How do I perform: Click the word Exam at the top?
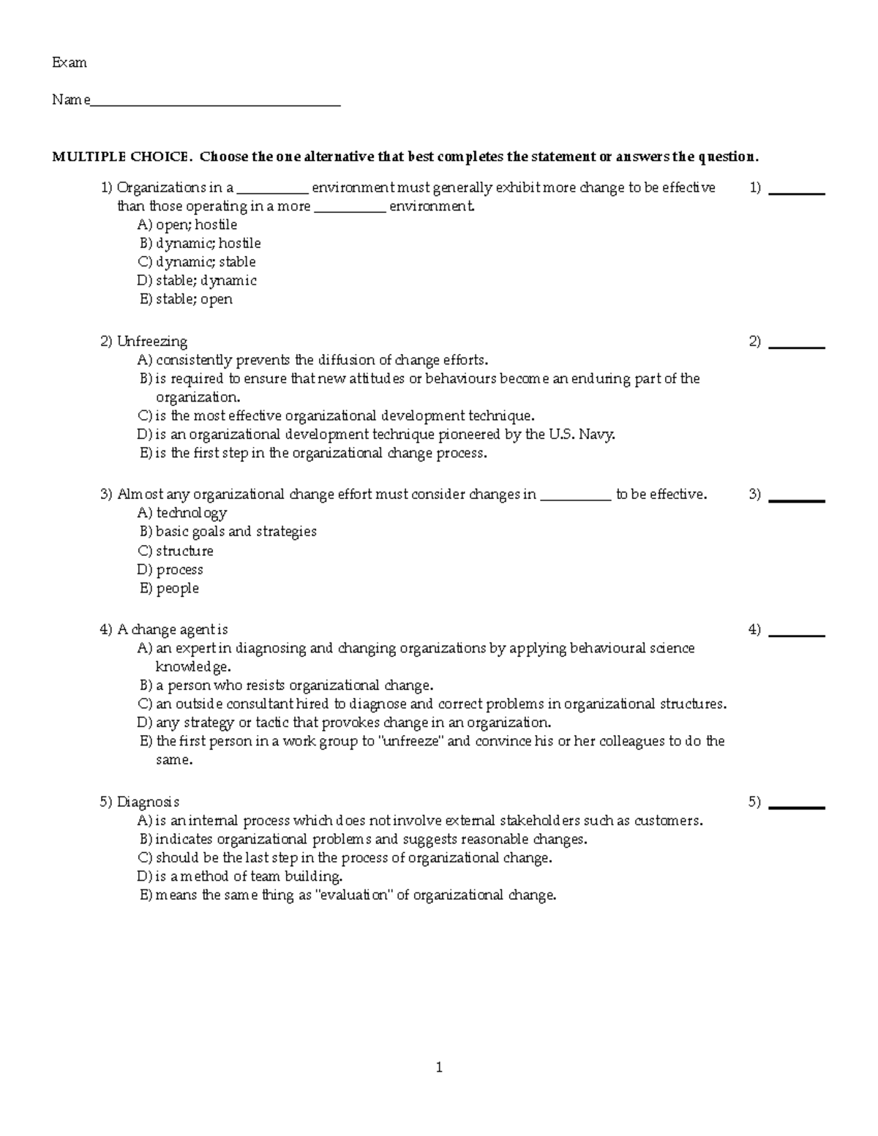click(x=70, y=63)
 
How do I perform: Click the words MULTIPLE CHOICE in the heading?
click(x=121, y=157)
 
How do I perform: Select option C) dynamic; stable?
click(x=197, y=262)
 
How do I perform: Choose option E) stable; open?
click(x=186, y=299)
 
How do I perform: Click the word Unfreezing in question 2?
click(x=152, y=342)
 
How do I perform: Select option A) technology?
click(x=182, y=513)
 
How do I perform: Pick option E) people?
click(x=169, y=588)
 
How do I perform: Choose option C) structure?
click(x=176, y=551)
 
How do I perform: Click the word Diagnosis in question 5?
click(x=148, y=802)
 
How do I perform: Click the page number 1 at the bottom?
click(x=439, y=1068)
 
